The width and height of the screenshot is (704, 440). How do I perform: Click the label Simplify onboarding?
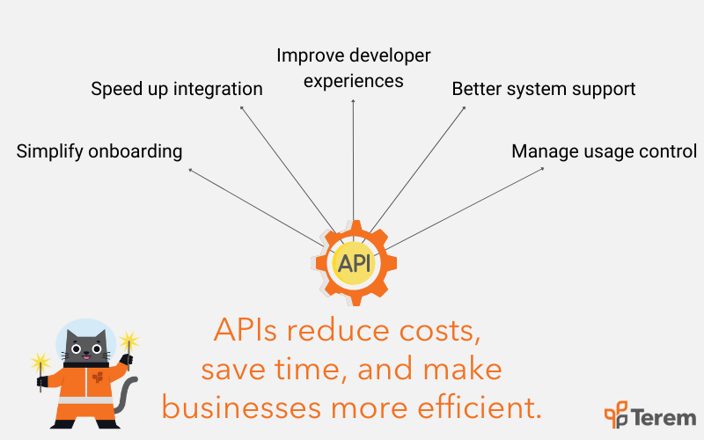[x=99, y=151]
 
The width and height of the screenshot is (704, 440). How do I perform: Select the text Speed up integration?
[x=177, y=89]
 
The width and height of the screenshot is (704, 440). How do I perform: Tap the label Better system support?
[x=543, y=89]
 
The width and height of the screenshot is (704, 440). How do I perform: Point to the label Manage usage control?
[x=604, y=151]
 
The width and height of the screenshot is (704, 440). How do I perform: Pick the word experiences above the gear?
[x=354, y=81]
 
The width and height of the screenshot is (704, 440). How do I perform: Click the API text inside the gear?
[x=355, y=263]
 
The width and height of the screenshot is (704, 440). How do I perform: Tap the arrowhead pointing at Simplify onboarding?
[x=190, y=170]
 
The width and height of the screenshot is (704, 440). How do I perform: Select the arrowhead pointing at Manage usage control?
[x=542, y=169]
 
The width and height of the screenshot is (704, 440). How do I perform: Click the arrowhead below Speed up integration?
[x=241, y=107]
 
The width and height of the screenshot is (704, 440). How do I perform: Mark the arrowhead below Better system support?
[x=464, y=107]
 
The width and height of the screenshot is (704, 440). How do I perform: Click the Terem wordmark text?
[x=665, y=417]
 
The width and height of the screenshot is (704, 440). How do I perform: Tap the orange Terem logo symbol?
[x=616, y=414]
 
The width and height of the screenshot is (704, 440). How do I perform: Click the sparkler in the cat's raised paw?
[x=128, y=348]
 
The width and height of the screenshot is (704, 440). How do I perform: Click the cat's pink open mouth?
[x=85, y=358]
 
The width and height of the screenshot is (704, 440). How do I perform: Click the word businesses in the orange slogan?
[x=241, y=407]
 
